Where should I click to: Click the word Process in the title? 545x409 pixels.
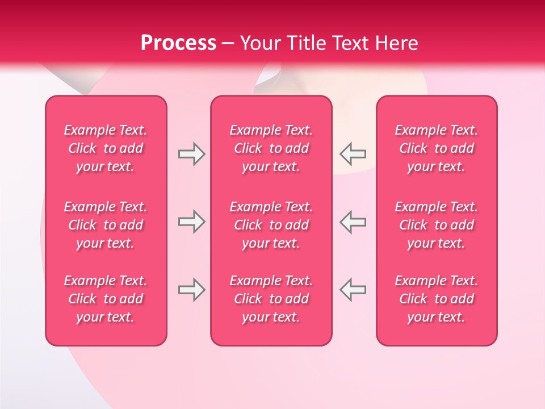pos(178,43)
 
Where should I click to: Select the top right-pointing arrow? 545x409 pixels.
pos(191,155)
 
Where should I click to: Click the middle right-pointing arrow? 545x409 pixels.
pos(191,222)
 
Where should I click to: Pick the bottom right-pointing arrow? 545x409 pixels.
pos(191,290)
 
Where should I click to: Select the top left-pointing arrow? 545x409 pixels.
pos(353,155)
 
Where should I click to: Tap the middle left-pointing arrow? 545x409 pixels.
pos(353,222)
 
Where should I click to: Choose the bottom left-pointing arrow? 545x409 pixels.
pos(353,290)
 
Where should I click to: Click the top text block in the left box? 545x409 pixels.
pos(106,148)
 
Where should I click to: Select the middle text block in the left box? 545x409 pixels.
pos(106,225)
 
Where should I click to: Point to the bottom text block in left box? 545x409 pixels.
pos(106,299)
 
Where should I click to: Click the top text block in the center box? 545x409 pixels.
pos(271,148)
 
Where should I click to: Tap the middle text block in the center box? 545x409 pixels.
pos(271,225)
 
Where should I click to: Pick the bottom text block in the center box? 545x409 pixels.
pos(271,299)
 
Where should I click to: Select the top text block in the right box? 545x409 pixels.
pos(436,148)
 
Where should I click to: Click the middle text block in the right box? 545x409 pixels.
pos(436,225)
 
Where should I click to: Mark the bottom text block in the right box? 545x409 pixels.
pos(436,299)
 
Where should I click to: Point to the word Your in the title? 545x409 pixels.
pos(259,43)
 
